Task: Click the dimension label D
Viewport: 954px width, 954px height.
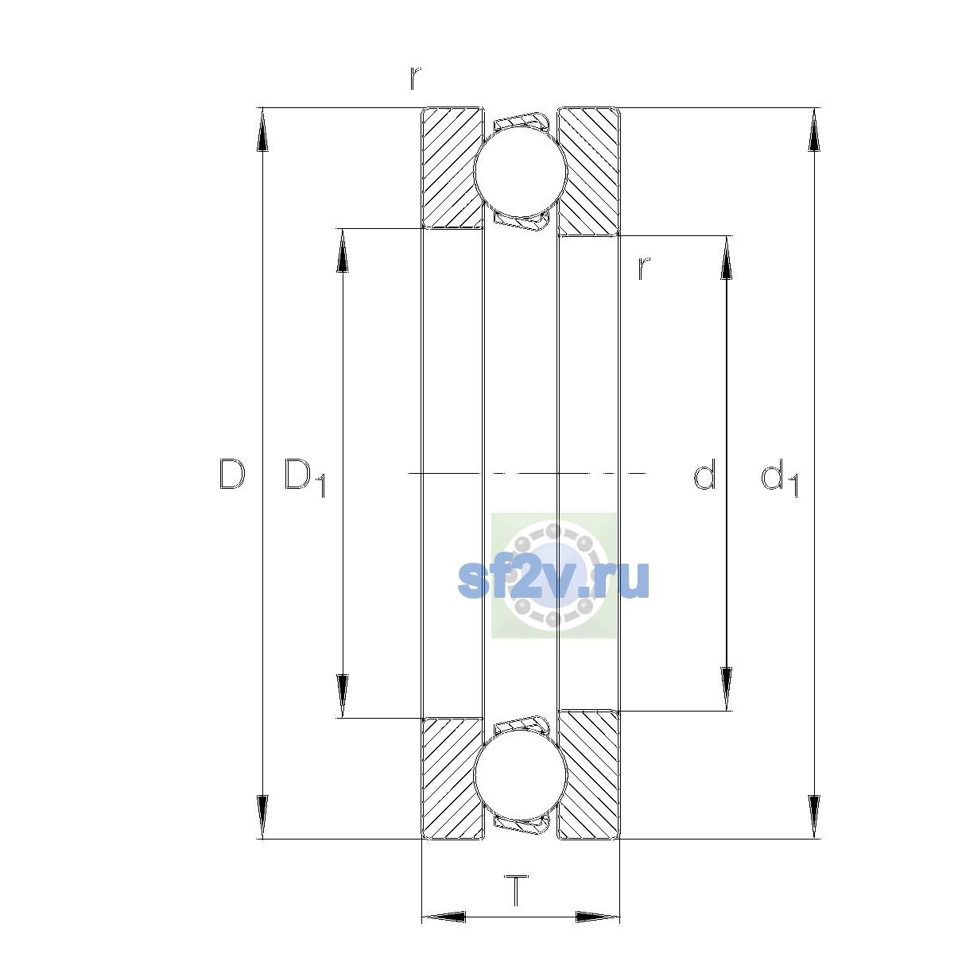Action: click(232, 475)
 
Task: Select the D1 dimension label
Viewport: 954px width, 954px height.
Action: click(304, 477)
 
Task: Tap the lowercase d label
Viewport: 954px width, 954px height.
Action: click(704, 474)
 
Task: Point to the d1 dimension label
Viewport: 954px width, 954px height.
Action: click(779, 477)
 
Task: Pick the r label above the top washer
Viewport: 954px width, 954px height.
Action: click(415, 78)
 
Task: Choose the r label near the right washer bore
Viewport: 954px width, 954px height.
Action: click(644, 269)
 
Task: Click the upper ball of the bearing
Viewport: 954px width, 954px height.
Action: click(520, 171)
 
